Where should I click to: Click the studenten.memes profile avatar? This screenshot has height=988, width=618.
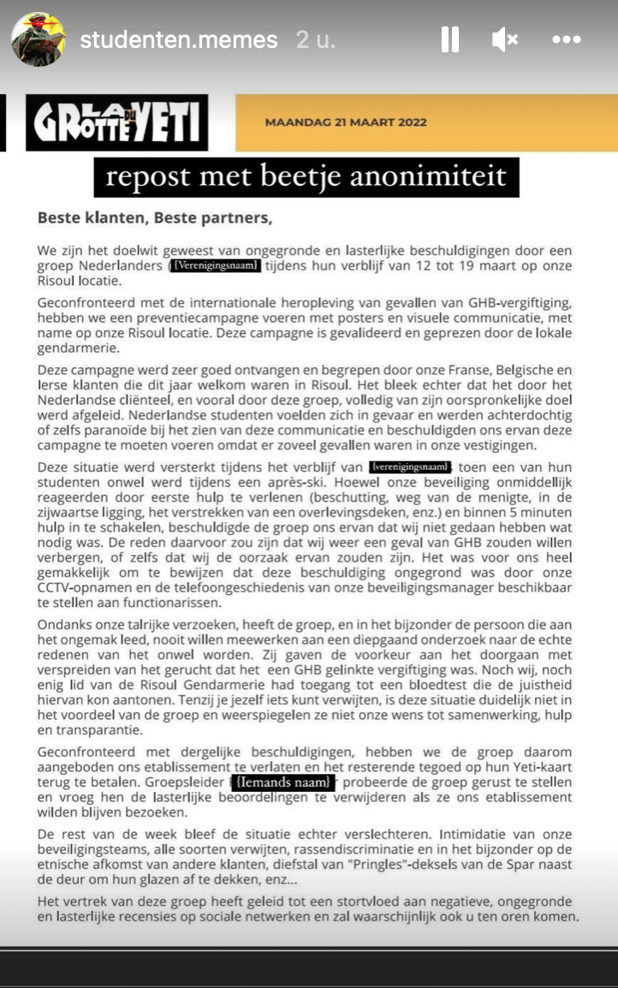coord(39,39)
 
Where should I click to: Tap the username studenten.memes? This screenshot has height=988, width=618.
coord(179,39)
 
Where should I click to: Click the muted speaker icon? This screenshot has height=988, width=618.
coord(505,39)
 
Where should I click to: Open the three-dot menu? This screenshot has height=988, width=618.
coord(567,39)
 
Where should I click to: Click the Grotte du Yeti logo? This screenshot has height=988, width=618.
coord(117,122)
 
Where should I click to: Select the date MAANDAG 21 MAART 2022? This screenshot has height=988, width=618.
coord(346,122)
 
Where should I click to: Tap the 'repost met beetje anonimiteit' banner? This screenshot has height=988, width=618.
coord(306,177)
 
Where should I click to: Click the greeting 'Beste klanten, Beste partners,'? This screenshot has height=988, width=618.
coord(155,217)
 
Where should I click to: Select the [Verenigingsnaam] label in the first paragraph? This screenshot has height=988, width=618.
coord(214,266)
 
